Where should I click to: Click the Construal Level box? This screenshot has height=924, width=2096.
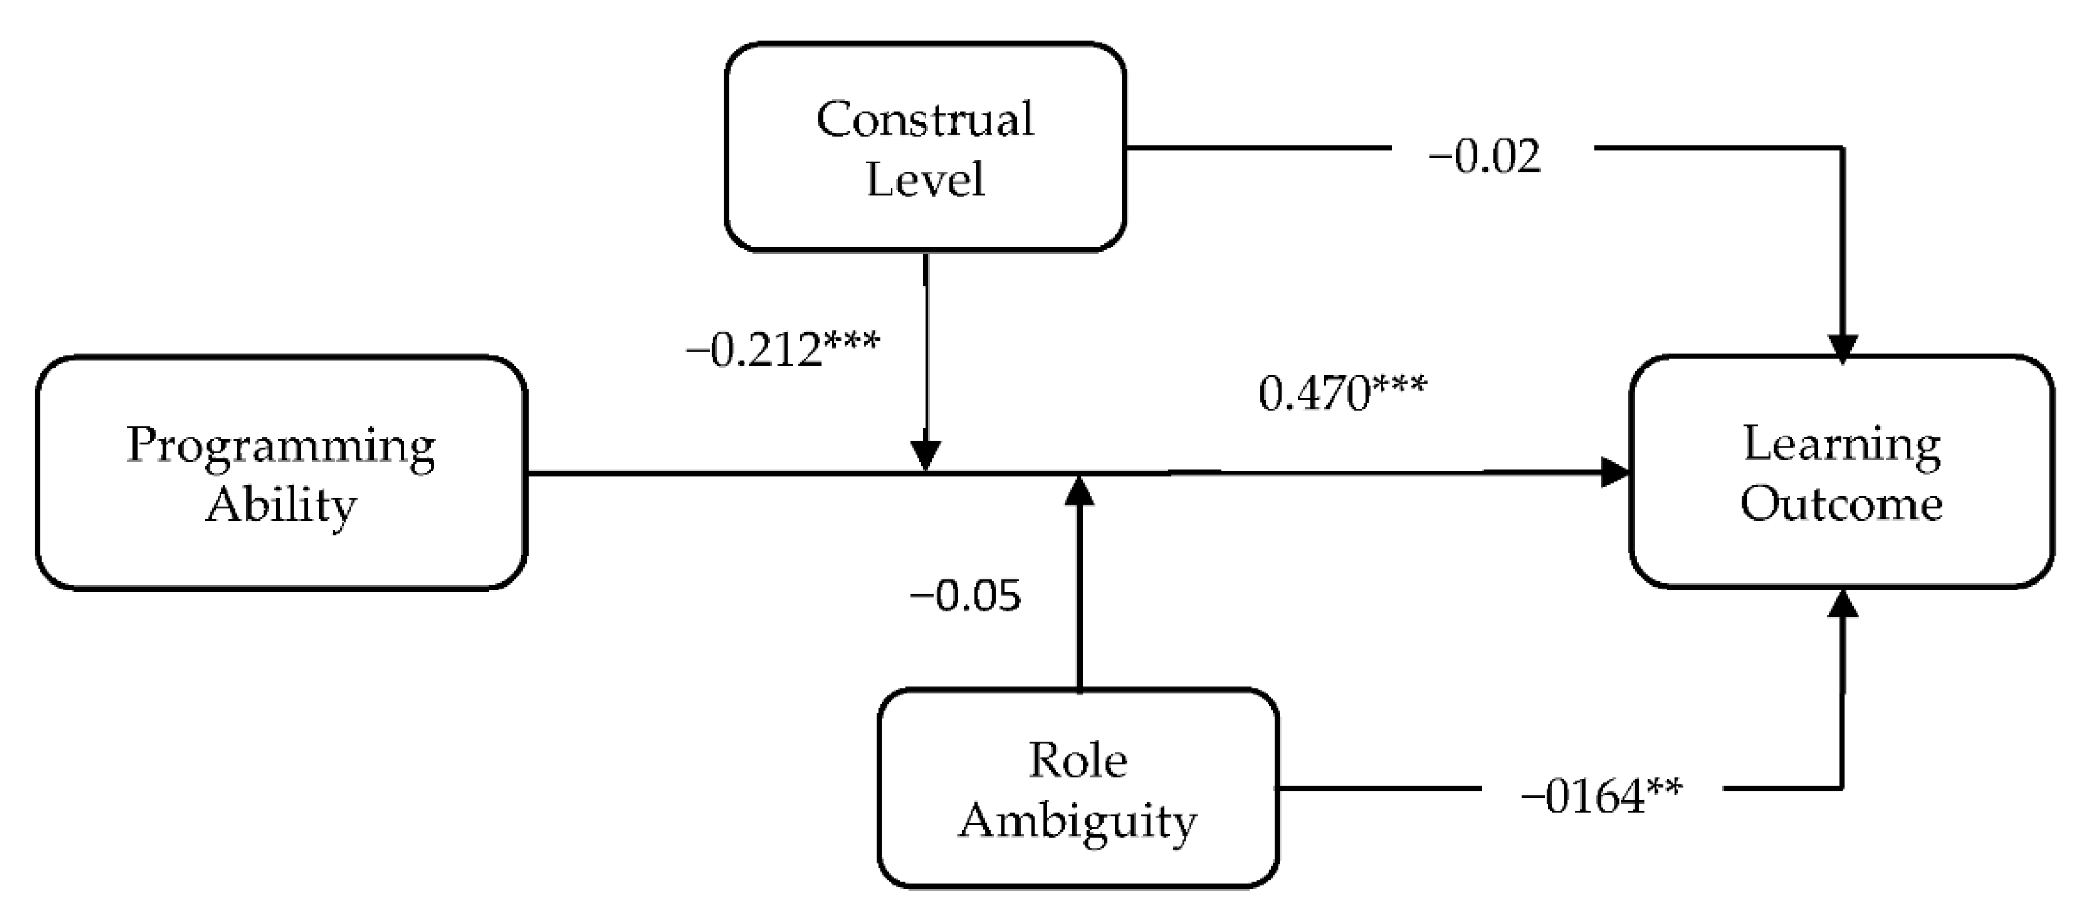point(925,146)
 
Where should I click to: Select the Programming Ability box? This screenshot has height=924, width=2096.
point(282,472)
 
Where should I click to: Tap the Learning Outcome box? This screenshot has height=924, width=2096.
point(1841,472)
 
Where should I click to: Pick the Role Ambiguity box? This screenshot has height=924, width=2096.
point(1077,788)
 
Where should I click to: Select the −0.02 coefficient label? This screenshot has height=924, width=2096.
point(1484,156)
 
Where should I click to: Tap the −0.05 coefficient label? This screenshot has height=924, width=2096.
point(965,596)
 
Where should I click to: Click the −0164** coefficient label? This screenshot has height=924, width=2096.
point(1601,796)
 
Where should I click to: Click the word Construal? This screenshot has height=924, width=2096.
point(925,119)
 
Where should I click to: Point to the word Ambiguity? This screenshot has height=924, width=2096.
point(1077,821)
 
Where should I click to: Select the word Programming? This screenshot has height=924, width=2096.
point(282,446)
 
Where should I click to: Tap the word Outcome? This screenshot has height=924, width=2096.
point(1841,503)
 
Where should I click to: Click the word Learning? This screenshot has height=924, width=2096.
point(1841,445)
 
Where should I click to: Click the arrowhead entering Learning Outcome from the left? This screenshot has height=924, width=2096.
point(1614,472)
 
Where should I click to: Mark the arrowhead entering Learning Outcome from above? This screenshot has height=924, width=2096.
point(1842,349)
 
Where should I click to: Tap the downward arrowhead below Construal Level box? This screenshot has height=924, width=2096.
point(925,456)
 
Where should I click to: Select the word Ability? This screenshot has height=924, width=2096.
point(282,505)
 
